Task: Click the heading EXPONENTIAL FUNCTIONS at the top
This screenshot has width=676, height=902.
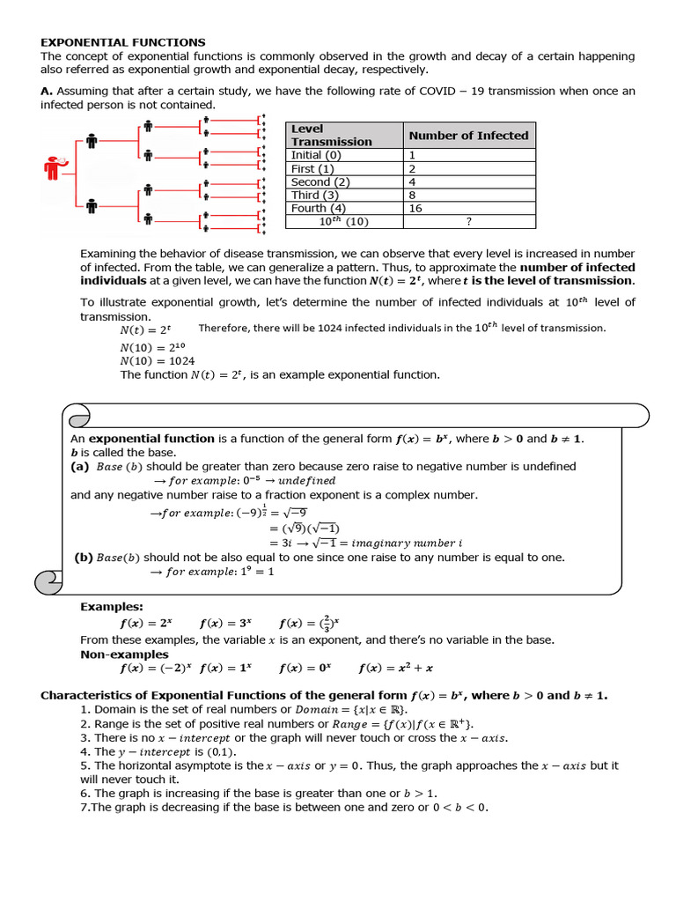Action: coord(123,42)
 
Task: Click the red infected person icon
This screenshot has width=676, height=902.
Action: coord(55,168)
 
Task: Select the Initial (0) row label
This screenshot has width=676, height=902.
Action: coord(318,155)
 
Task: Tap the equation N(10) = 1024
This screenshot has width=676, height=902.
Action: coord(158,361)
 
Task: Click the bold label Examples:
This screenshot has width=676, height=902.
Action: coord(112,606)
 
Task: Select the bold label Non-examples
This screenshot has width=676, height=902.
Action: coord(124,654)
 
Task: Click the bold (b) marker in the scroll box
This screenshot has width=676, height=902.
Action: coord(84,558)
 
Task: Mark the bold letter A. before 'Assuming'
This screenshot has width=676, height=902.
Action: coord(47,92)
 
